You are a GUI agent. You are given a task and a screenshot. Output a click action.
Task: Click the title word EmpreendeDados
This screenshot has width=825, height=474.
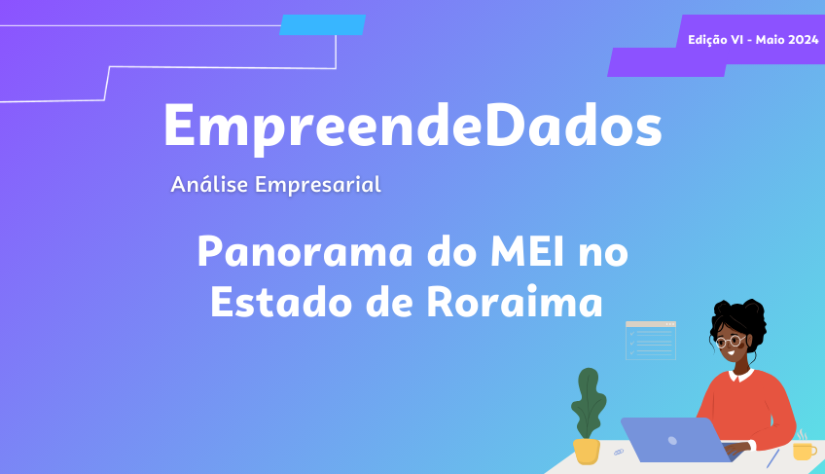[x=413, y=128]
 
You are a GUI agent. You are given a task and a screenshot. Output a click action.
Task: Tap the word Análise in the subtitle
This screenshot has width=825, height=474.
[x=209, y=184]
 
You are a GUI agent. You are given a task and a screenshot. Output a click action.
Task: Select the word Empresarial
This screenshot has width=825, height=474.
[x=318, y=185]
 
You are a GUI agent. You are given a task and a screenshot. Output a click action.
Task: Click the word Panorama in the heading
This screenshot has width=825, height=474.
[x=305, y=252]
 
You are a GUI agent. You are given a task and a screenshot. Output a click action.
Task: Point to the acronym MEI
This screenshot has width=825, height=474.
[x=527, y=252]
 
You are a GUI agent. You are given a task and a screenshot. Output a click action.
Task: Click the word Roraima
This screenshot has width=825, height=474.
[x=515, y=302]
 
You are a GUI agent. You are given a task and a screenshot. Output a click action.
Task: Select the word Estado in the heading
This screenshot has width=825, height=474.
[x=281, y=302]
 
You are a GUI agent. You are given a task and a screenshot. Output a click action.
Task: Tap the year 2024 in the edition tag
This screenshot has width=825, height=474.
[x=803, y=40]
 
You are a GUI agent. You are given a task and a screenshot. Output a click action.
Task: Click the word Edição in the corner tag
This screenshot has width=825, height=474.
[x=707, y=40]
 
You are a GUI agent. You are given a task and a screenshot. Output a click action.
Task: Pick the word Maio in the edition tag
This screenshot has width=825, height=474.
[x=770, y=40]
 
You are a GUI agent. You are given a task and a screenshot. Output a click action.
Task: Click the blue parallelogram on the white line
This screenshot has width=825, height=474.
[x=323, y=24]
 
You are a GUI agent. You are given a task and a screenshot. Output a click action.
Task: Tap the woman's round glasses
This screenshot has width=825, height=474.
[x=731, y=342]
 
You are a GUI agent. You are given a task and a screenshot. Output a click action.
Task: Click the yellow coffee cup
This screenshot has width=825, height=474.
[x=804, y=451]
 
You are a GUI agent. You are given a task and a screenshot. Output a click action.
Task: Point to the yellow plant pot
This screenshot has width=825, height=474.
[x=587, y=452]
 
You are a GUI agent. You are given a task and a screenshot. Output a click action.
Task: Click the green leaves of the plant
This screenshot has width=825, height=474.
[x=589, y=403]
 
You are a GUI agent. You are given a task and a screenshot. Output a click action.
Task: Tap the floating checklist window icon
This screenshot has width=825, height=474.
[x=651, y=341]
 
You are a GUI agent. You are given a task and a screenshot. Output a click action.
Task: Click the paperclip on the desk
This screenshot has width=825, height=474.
[x=619, y=452]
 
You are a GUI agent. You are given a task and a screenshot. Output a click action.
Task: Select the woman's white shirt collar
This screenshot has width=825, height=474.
[x=742, y=376]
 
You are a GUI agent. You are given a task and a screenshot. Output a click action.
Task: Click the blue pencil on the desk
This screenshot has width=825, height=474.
[x=772, y=458]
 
